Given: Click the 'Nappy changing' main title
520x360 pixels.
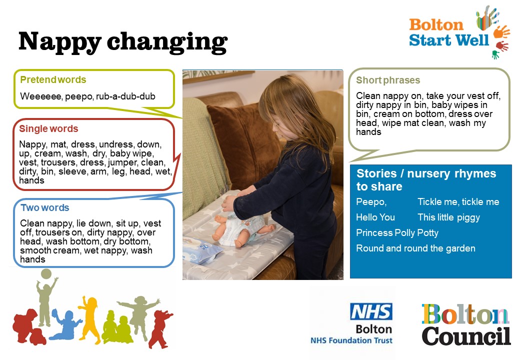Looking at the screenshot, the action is [x=123, y=42].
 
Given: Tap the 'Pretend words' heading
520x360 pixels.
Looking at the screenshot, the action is [x=53, y=79].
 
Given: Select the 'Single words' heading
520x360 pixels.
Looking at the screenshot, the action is [x=49, y=128].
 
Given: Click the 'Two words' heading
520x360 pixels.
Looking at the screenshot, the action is [x=45, y=207].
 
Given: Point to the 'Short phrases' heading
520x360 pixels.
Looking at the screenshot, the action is [x=388, y=80].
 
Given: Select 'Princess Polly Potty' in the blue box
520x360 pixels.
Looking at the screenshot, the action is [x=397, y=233].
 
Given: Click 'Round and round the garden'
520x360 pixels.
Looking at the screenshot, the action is [x=415, y=248].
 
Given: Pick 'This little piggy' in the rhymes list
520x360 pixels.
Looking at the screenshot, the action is [x=448, y=217].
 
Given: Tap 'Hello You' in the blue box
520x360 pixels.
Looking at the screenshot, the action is [x=375, y=217].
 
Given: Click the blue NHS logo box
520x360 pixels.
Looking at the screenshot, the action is [x=371, y=311].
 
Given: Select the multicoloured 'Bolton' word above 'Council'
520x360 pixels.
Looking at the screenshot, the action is [x=465, y=314].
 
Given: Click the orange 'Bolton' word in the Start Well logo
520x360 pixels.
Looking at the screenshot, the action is [x=436, y=25].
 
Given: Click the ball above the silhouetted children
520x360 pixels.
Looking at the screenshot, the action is [x=46, y=274].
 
